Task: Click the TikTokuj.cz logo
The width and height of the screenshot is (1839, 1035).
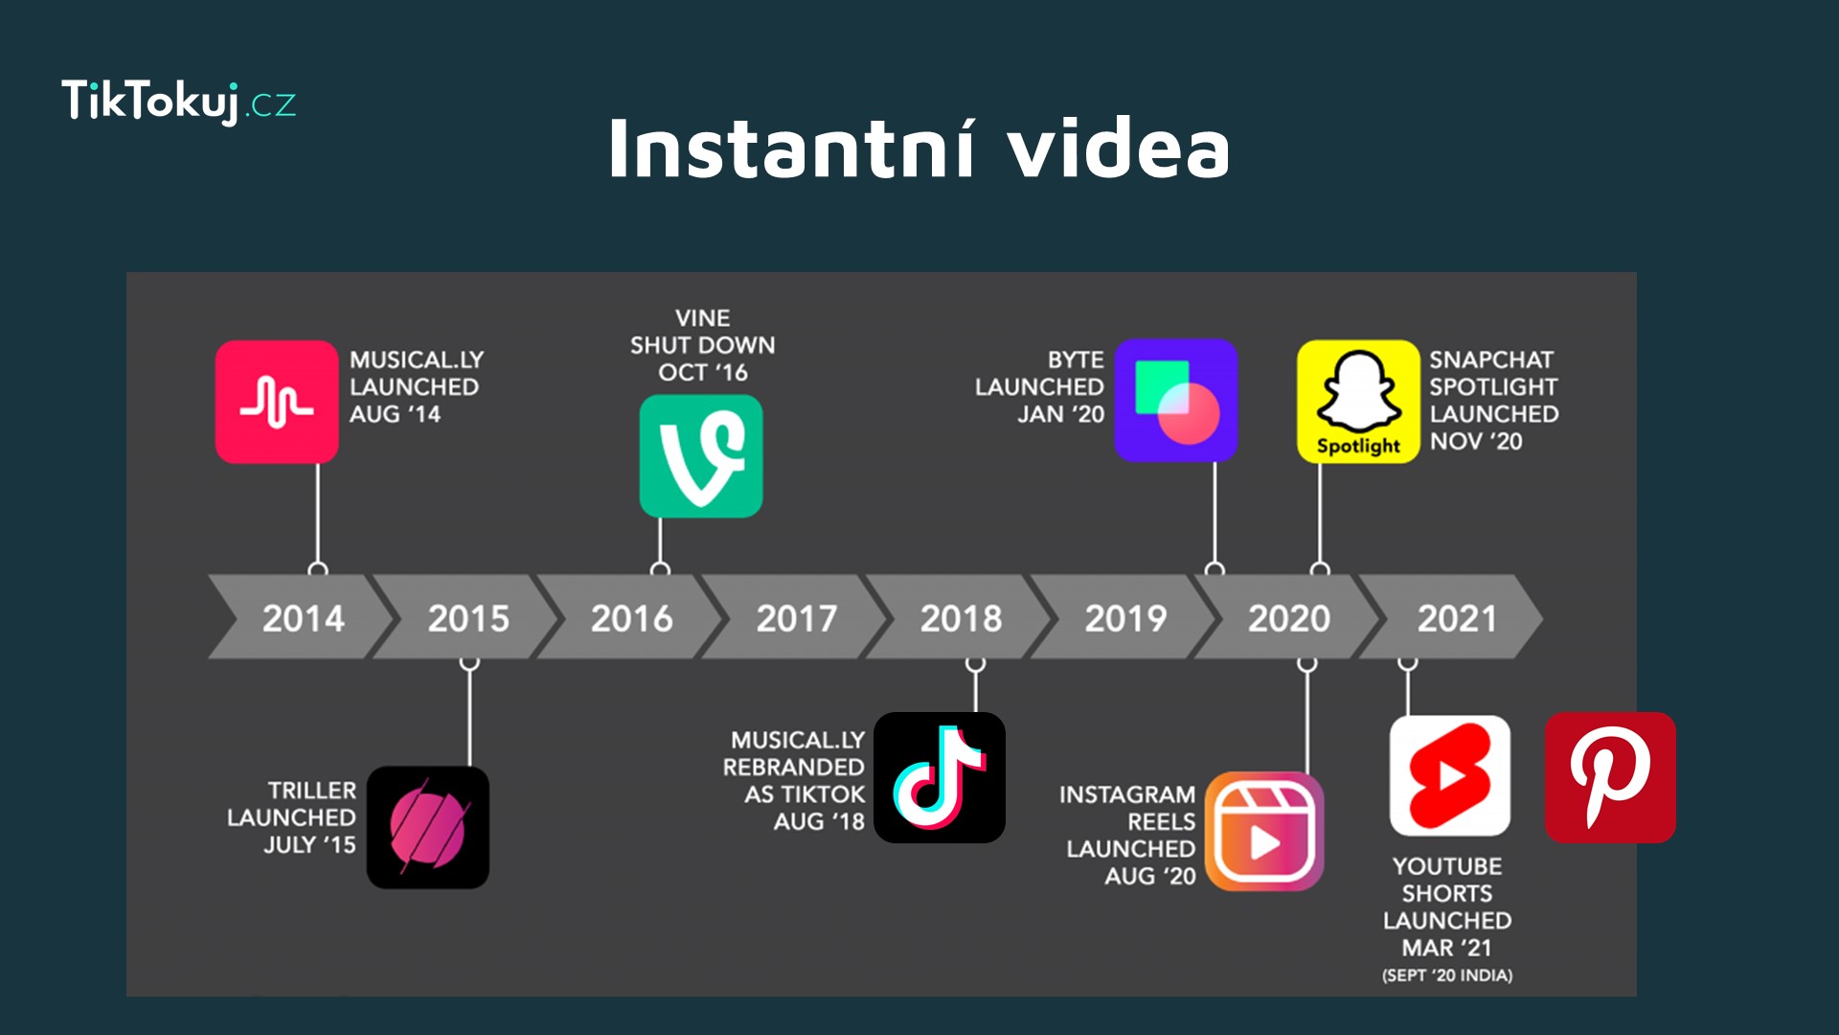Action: click(x=179, y=102)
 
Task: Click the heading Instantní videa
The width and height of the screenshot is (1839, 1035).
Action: click(x=919, y=148)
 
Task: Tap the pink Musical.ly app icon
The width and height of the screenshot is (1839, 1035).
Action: click(x=277, y=402)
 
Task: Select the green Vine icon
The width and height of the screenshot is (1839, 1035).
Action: click(x=701, y=456)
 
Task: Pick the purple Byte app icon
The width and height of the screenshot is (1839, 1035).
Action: click(x=1176, y=400)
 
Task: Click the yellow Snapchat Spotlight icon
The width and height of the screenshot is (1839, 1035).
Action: click(x=1358, y=402)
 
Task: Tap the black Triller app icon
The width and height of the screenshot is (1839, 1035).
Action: click(x=428, y=827)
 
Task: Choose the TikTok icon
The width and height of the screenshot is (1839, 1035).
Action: click(x=940, y=777)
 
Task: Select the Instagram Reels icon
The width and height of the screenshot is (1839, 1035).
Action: click(x=1264, y=831)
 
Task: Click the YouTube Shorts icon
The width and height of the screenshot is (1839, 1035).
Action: click(x=1450, y=775)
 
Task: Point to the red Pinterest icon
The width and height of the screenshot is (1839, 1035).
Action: click(x=1610, y=777)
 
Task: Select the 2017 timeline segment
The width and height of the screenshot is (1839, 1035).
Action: click(x=795, y=617)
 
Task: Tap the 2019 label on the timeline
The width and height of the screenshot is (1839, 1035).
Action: click(x=1125, y=618)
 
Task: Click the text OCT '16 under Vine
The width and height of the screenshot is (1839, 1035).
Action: click(x=703, y=372)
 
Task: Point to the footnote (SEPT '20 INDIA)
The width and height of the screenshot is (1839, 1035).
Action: click(x=1447, y=976)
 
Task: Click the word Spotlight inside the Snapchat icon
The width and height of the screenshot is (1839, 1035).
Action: click(x=1358, y=446)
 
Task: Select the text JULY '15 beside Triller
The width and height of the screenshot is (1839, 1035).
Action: click(x=309, y=844)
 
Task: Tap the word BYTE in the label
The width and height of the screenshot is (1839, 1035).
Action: click(x=1076, y=359)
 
